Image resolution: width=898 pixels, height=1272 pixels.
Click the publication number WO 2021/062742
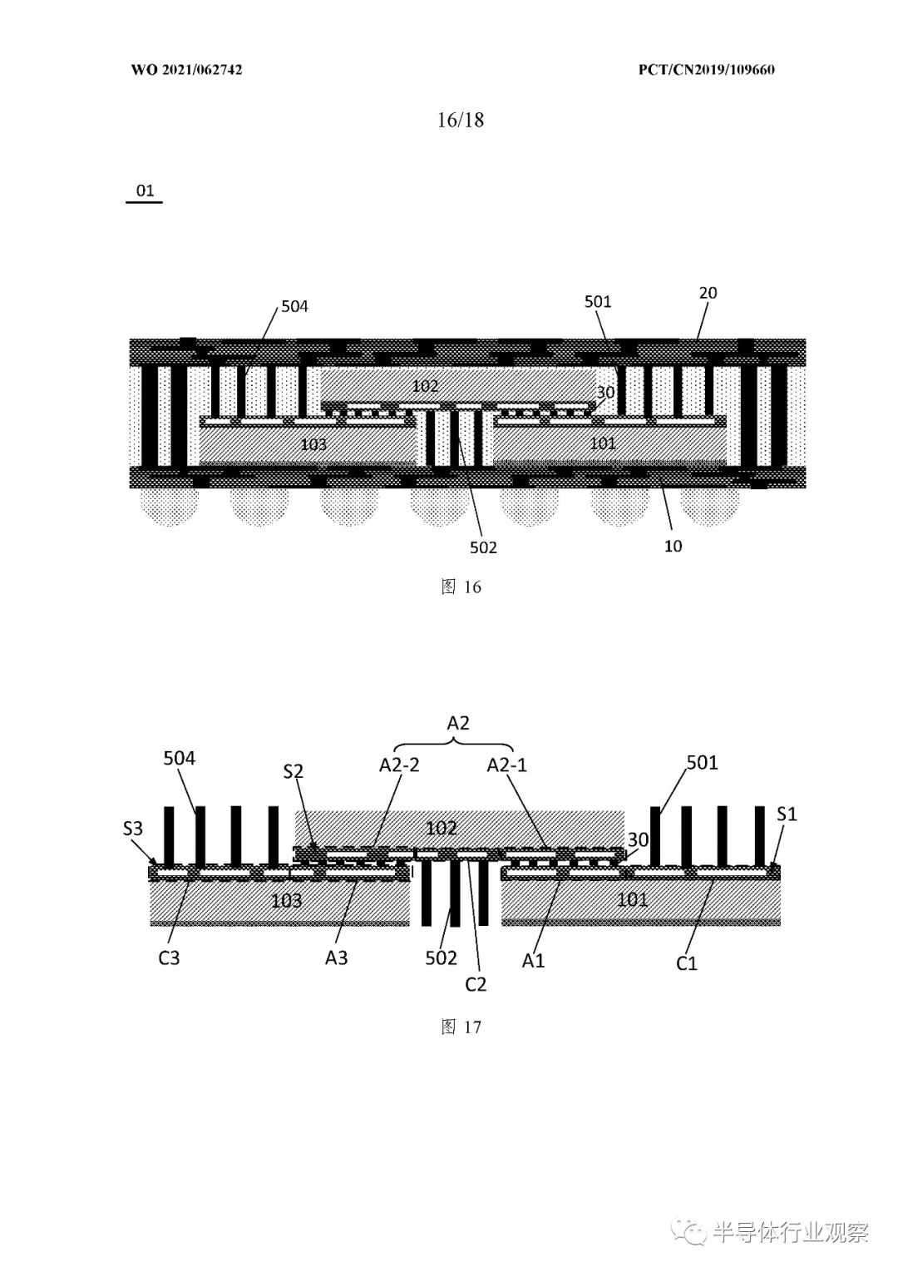187,70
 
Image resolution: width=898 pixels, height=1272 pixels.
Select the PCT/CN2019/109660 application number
706,70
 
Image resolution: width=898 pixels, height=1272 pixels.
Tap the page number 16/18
461,120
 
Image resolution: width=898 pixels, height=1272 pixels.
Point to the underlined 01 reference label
145,191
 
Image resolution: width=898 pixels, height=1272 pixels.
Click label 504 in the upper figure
294,307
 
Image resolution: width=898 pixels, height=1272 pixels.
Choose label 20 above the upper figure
708,293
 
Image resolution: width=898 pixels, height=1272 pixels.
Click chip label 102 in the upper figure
425,386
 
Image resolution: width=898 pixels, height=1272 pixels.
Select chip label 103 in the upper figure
313,444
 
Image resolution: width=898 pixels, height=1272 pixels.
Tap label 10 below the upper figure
673,547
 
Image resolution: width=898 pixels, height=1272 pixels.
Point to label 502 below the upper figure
483,547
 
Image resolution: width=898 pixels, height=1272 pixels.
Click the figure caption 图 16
461,587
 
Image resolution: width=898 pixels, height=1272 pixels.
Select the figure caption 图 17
461,1027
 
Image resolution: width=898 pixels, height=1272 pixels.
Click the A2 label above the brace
458,723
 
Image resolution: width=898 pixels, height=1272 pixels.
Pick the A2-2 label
399,765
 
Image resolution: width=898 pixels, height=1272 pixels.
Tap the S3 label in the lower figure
133,829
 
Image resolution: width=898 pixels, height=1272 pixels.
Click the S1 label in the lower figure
787,814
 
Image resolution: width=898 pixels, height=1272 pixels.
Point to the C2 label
476,984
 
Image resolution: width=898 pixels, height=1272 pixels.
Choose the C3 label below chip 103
169,958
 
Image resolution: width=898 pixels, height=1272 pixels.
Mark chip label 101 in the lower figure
632,899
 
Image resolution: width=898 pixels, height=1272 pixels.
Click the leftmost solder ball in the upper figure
170,507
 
